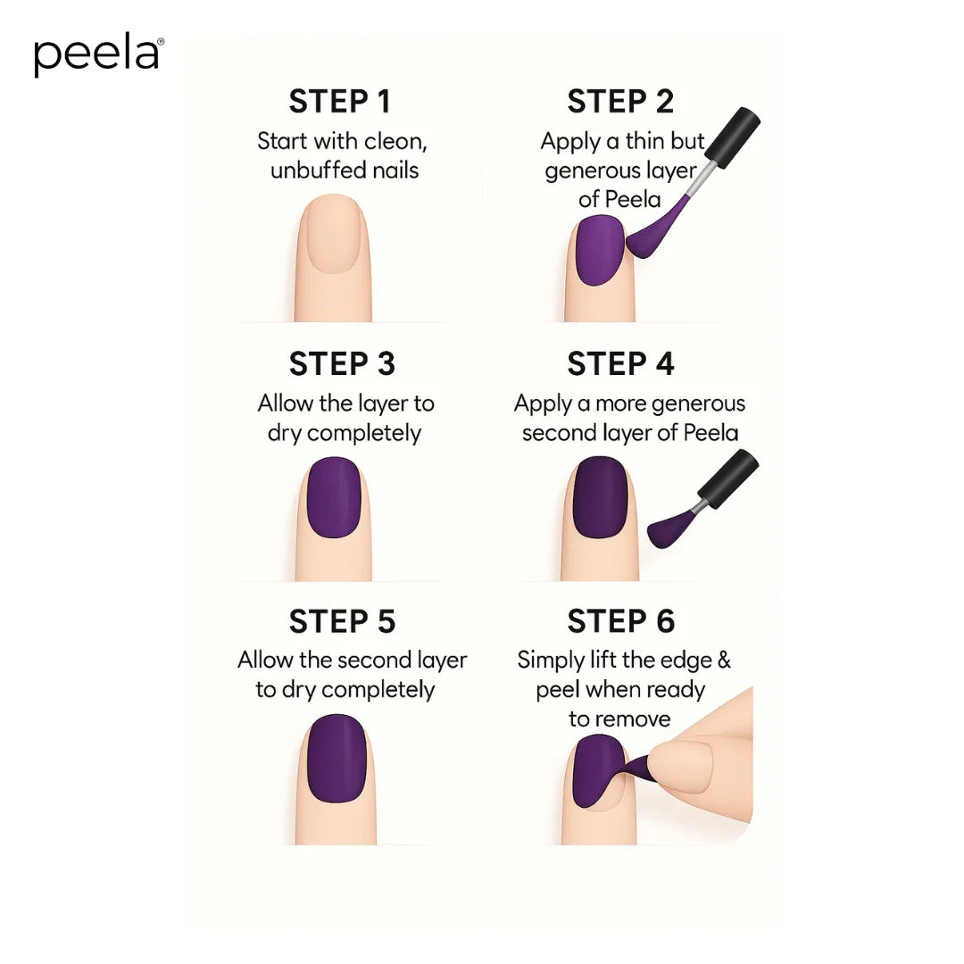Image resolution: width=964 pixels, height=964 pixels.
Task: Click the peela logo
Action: [x=98, y=55]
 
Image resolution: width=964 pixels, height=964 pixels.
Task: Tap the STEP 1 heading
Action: [x=340, y=102]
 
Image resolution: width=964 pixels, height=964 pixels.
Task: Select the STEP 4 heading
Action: [x=620, y=364]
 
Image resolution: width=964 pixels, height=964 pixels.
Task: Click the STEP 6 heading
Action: [x=620, y=621]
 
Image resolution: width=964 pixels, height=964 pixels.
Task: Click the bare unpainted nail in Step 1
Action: [x=332, y=234]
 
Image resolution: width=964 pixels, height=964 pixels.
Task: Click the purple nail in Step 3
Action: [x=334, y=496]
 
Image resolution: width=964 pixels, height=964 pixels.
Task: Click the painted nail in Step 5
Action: [x=337, y=758]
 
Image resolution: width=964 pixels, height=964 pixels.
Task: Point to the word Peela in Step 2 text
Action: [x=631, y=199]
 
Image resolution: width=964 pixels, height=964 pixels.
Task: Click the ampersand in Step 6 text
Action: [x=723, y=661]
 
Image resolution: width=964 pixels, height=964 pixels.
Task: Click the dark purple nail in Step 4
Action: [x=600, y=496]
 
